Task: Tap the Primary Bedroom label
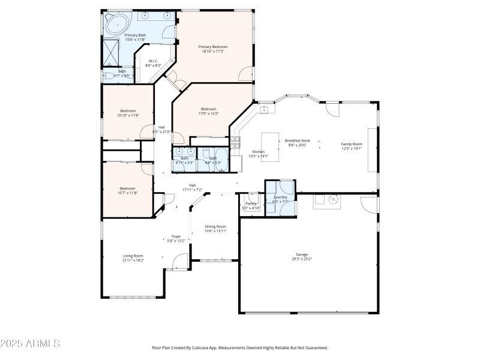213,46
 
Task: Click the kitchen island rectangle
271,144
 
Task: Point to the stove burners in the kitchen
235,142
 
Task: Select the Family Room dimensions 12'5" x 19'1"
352,148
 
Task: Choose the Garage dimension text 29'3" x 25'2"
302,259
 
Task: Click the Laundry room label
280,197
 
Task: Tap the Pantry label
251,203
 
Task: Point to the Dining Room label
215,226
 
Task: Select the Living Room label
133,256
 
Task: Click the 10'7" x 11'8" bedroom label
127,188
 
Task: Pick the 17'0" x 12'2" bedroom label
208,109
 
